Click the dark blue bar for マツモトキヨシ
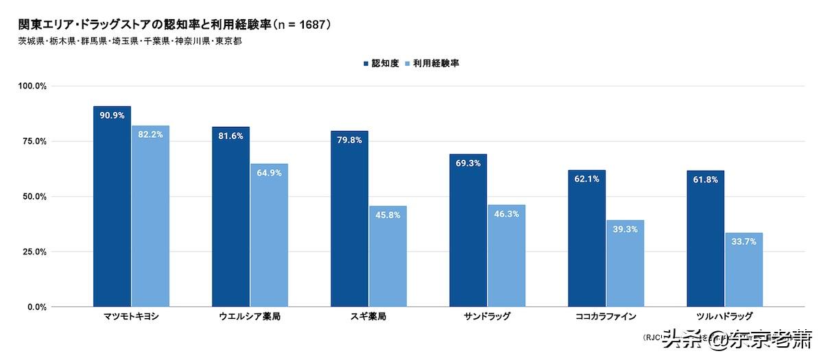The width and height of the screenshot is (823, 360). (112, 206)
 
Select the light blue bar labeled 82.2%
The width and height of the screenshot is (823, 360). (150, 216)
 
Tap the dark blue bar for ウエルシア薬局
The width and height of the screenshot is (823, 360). (230, 217)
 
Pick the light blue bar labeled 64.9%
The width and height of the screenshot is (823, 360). (269, 235)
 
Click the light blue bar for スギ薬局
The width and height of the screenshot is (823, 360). (387, 256)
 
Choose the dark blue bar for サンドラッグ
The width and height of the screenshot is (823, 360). (468, 230)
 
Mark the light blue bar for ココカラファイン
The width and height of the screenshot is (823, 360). (625, 263)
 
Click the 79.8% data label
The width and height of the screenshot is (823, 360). (349, 140)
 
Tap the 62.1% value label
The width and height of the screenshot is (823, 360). (587, 179)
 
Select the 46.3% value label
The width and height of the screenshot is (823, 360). (506, 214)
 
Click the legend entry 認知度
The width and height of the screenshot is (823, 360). (380, 63)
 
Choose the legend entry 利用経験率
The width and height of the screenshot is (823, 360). (431, 63)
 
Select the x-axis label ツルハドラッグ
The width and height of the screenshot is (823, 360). (724, 317)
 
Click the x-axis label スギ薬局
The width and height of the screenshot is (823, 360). (368, 317)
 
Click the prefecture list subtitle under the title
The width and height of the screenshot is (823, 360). (130, 41)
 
